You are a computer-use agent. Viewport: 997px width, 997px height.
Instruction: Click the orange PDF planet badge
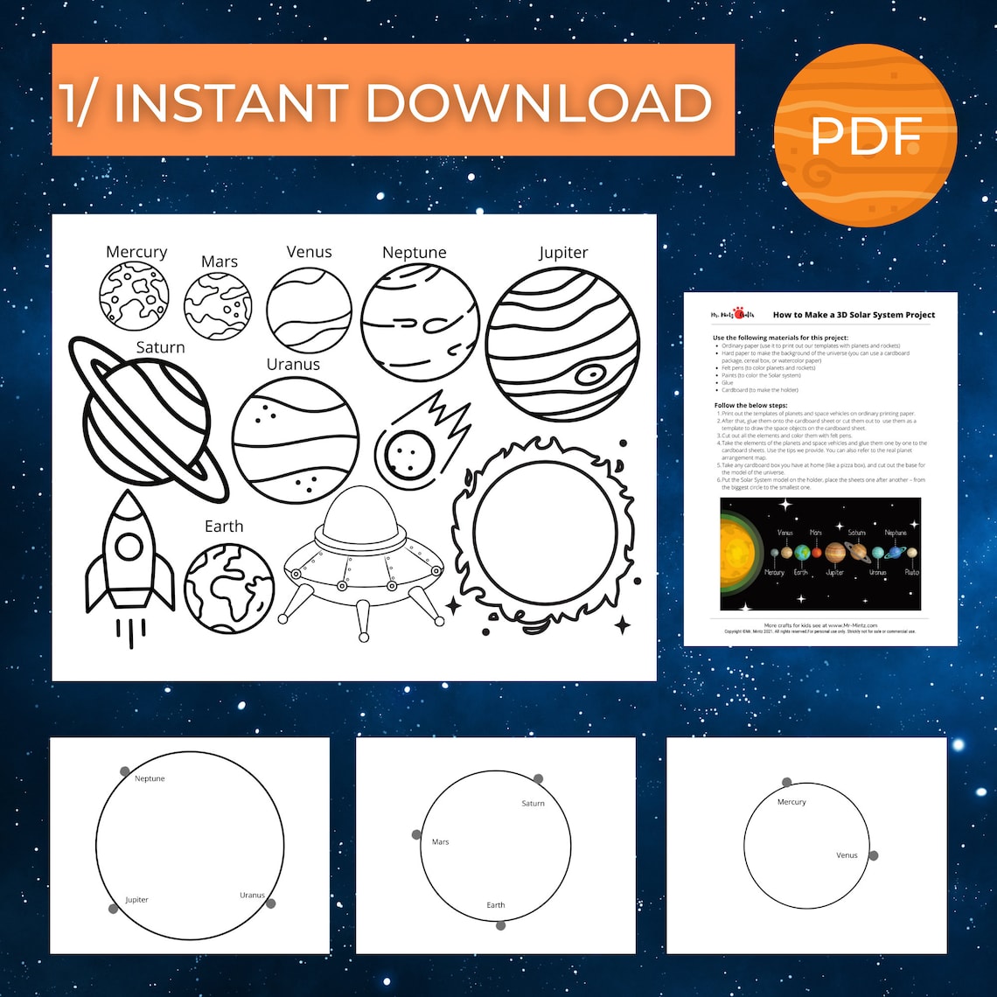coord(865,136)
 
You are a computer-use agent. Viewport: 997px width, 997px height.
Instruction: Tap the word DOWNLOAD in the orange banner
coord(537,103)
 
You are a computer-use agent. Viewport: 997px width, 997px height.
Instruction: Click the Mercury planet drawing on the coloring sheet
coord(134,296)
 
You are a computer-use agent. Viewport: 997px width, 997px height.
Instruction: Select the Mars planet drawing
coord(218,305)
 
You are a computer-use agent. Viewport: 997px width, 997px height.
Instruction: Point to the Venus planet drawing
coord(309,310)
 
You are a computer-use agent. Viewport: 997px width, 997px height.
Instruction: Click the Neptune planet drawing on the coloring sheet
coord(420,322)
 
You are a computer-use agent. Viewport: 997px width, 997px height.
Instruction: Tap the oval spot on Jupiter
coord(589,374)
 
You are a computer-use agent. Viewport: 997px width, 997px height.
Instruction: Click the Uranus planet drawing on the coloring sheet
coord(296,440)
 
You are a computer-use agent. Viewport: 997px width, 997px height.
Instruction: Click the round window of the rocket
coord(129,547)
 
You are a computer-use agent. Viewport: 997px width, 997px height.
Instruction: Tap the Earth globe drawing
coord(228,589)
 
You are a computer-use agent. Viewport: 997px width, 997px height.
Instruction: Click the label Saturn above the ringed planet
coord(160,347)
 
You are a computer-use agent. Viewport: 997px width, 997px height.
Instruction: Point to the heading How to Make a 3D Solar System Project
coord(854,315)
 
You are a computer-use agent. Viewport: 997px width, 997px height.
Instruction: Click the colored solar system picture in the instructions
coord(820,554)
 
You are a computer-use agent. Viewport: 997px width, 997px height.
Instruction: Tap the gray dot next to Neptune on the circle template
coord(125,771)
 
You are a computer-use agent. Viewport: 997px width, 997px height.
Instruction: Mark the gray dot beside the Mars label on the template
coord(416,834)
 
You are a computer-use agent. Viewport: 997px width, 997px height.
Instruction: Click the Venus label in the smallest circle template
coord(847,855)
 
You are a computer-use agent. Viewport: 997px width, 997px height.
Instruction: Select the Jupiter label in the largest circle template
coord(136,899)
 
